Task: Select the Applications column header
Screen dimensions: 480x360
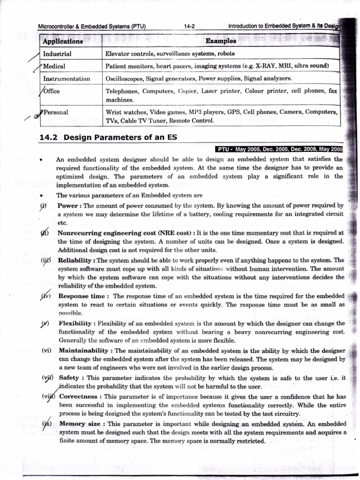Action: pyautogui.click(x=62, y=41)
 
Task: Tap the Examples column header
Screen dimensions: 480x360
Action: pyautogui.click(x=221, y=41)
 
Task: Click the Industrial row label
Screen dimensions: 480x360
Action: pyautogui.click(x=57, y=54)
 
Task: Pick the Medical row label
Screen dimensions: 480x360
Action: pyautogui.click(x=54, y=66)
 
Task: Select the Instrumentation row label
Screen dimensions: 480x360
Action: pyautogui.click(x=66, y=78)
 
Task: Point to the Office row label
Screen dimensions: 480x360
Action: pyautogui.click(x=52, y=91)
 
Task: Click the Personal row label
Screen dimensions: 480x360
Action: pyautogui.click(x=55, y=112)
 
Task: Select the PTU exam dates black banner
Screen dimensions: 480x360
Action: pyautogui.click(x=279, y=150)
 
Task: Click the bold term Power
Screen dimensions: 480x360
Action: pyautogui.click(x=68, y=205)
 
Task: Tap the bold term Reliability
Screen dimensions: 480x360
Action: pyautogui.click(x=76, y=260)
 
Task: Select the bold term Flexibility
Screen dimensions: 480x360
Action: pyautogui.click(x=75, y=323)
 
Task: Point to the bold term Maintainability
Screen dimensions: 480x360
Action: pyautogui.click(x=85, y=350)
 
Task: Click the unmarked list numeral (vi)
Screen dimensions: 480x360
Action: pyautogui.click(x=46, y=350)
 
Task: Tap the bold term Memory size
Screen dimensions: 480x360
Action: pyautogui.click(x=79, y=423)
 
